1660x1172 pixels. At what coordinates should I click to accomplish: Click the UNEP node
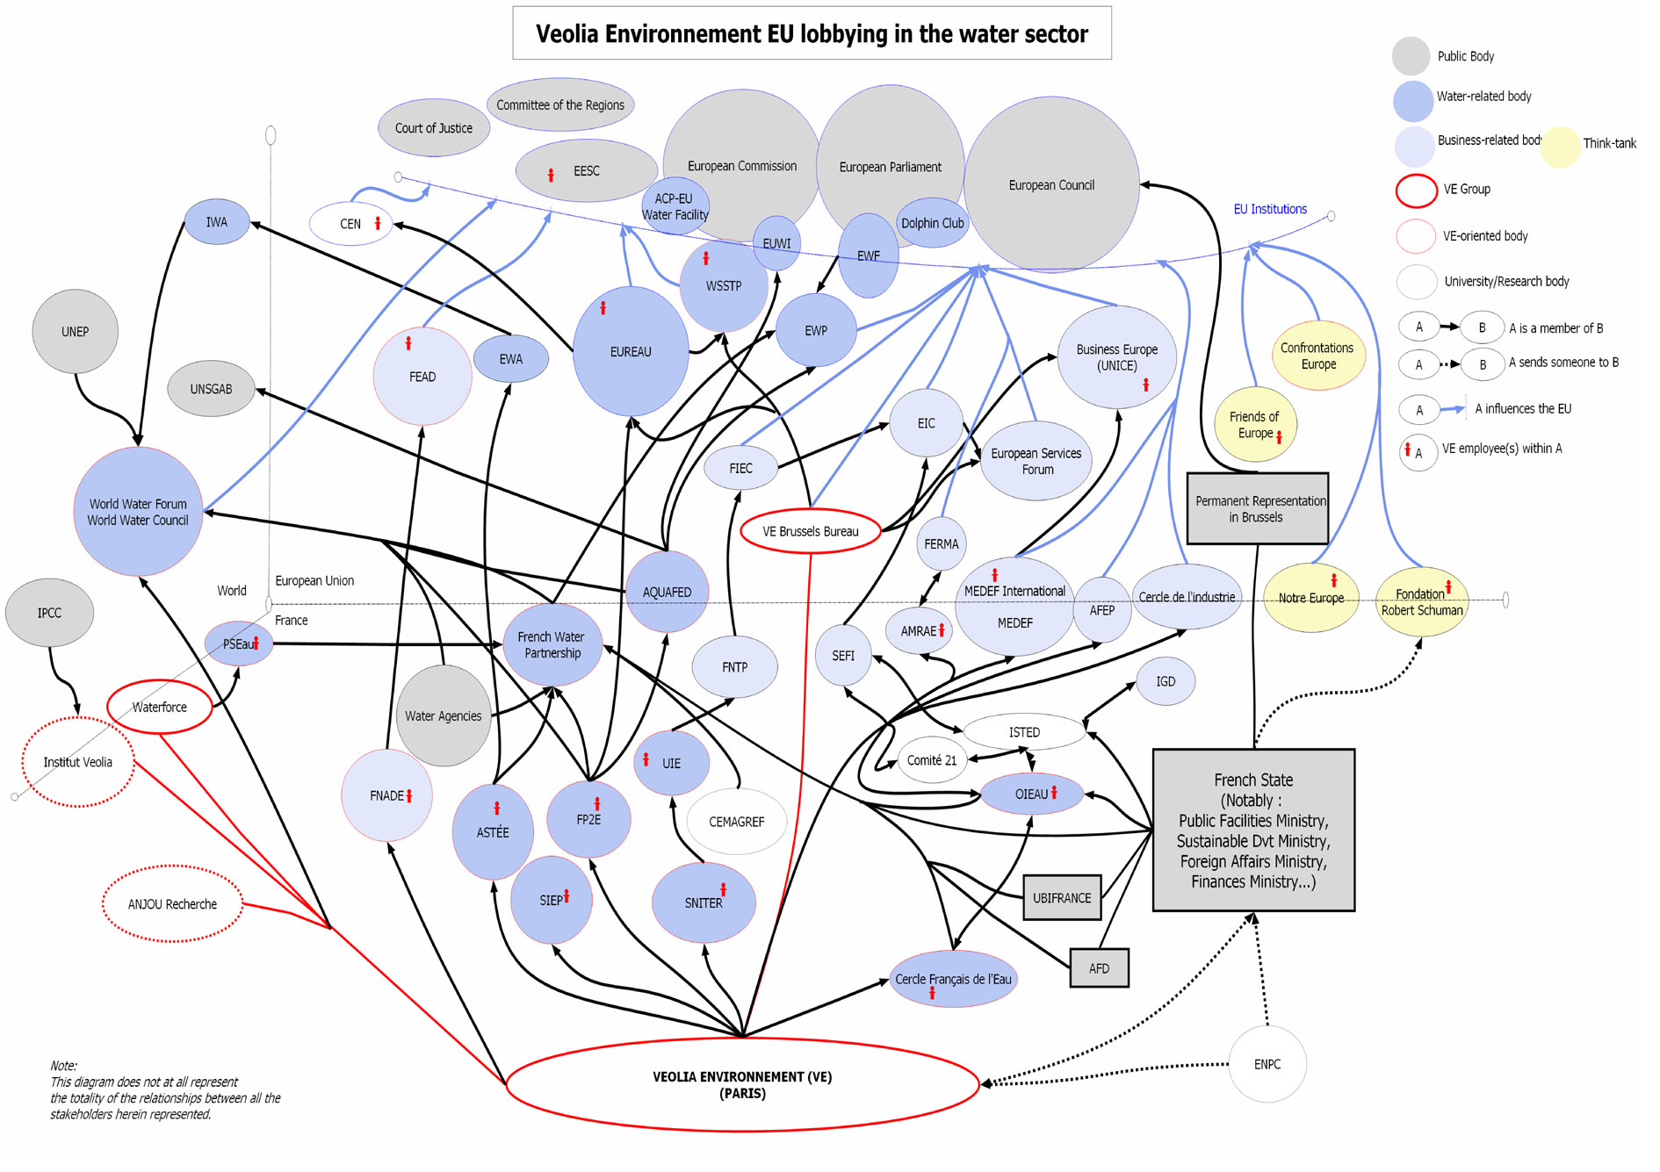75,332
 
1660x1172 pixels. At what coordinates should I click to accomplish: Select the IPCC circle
49,613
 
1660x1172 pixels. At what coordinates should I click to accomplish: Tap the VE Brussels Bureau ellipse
810,531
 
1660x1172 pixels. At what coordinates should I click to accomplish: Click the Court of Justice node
433,128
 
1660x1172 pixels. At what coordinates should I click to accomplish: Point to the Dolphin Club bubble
932,223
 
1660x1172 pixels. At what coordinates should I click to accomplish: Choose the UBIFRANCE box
1061,897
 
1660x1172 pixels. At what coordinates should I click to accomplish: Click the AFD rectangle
1099,968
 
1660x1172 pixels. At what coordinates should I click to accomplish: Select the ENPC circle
1267,1064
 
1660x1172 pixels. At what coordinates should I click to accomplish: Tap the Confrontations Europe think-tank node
1317,356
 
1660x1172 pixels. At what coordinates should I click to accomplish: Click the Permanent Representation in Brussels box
1257,509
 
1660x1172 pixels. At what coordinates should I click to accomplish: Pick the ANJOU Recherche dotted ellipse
172,904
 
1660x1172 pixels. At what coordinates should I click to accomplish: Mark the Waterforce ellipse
159,707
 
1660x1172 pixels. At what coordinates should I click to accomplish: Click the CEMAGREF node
736,822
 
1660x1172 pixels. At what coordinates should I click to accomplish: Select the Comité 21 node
931,760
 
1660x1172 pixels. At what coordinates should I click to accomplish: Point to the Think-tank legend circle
1560,147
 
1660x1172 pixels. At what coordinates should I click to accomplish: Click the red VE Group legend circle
1416,191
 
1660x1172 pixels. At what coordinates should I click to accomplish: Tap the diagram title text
812,34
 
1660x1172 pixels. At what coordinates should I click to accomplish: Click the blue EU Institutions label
1269,209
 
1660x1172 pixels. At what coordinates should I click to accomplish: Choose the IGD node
1165,681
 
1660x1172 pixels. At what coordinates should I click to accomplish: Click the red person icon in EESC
551,175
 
